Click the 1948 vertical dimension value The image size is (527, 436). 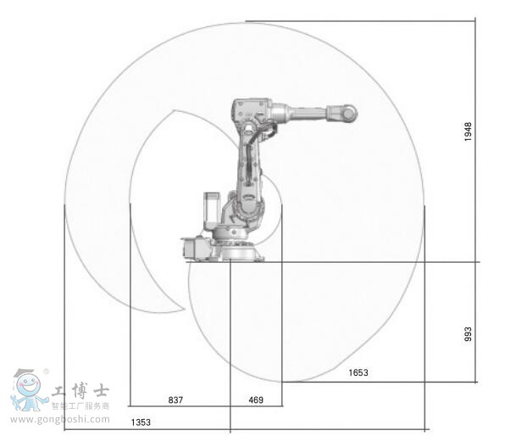[x=469, y=131]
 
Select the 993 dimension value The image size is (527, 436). [x=469, y=333]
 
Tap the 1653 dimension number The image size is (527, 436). [x=358, y=372]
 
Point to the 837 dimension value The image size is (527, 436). [x=175, y=400]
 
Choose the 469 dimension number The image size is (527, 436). [x=256, y=400]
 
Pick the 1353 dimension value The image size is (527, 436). [x=141, y=422]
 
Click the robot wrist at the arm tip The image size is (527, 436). [x=347, y=113]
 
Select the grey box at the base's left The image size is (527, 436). [x=193, y=248]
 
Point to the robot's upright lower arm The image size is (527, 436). [x=250, y=161]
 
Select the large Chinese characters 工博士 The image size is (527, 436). [x=80, y=392]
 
